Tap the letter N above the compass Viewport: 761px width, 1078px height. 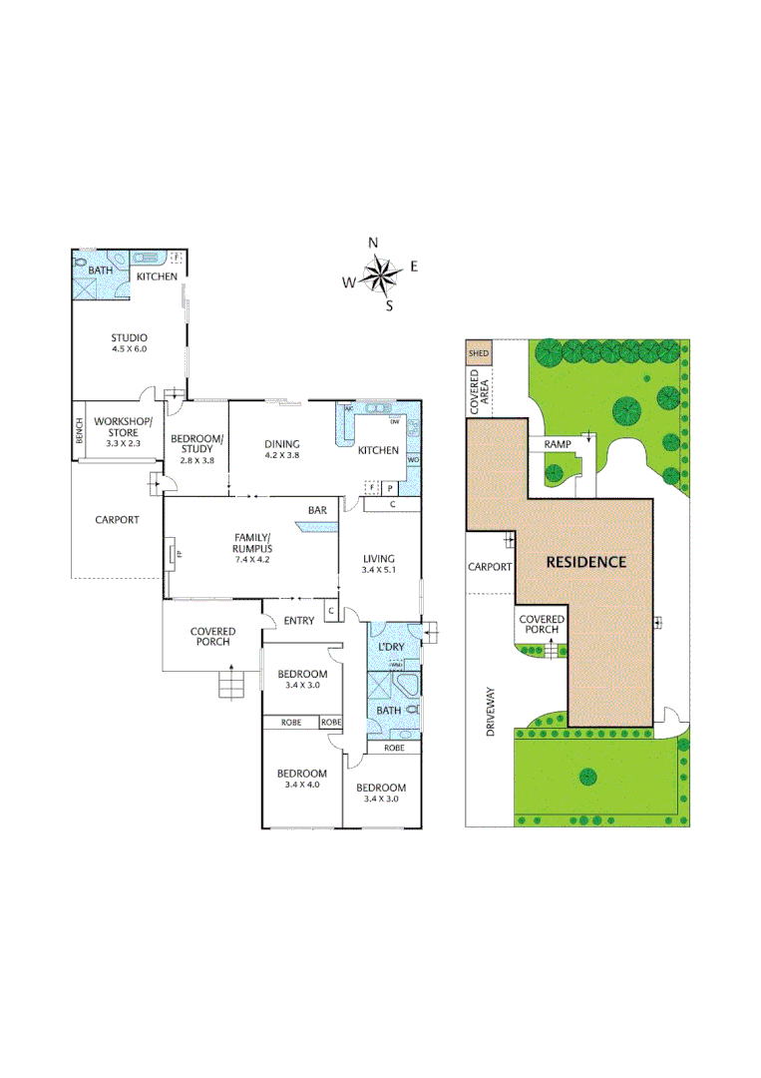pos(373,243)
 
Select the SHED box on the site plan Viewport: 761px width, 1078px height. pos(479,352)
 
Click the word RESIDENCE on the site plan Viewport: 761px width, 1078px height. pos(585,562)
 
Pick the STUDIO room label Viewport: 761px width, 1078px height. pos(130,337)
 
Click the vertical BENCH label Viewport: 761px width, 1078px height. pos(79,431)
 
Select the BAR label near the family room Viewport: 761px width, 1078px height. pos(317,511)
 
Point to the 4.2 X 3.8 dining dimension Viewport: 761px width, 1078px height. pos(282,456)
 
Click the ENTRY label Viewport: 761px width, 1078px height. pos(298,621)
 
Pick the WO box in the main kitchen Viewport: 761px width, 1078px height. pos(413,460)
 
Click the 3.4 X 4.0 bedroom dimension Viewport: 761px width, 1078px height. pos(301,787)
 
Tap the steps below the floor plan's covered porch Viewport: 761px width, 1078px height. pos(231,685)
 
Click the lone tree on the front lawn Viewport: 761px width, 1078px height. pos(586,777)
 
